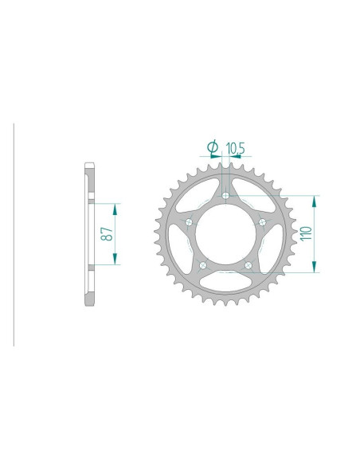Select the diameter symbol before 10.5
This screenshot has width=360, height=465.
(212, 147)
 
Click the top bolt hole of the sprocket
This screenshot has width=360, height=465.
(226, 194)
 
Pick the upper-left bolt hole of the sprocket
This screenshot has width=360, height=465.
(189, 222)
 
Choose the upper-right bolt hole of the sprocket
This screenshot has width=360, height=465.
(264, 222)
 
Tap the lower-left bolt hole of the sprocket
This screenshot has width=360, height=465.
(203, 266)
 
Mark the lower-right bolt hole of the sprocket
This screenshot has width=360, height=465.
(249, 266)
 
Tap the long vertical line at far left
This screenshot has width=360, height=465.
(14, 234)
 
